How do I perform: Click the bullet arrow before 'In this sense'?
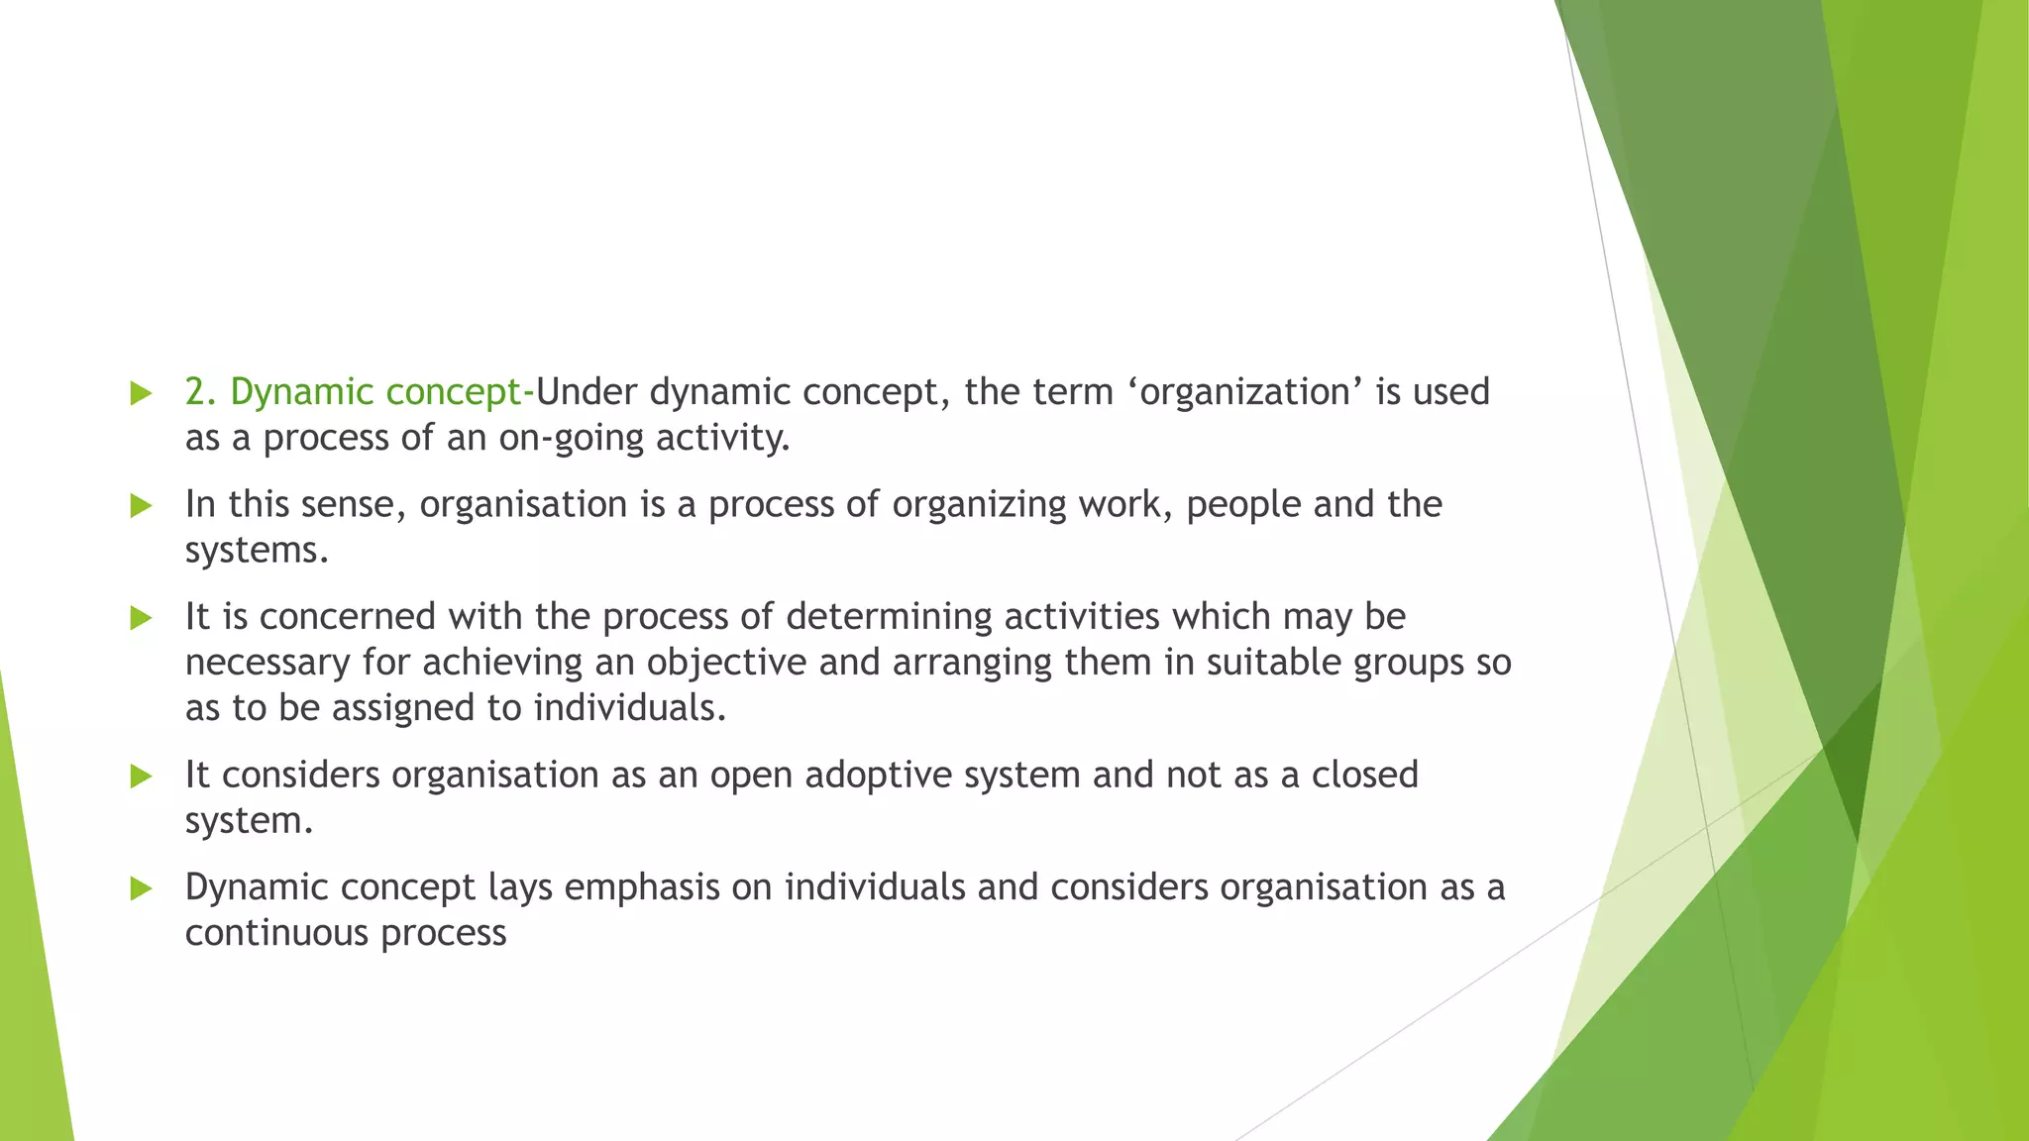pos(141,506)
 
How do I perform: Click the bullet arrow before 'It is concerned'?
pos(141,618)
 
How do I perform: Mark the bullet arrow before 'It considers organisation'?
pos(141,777)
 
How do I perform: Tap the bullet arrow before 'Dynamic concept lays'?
pos(141,888)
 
